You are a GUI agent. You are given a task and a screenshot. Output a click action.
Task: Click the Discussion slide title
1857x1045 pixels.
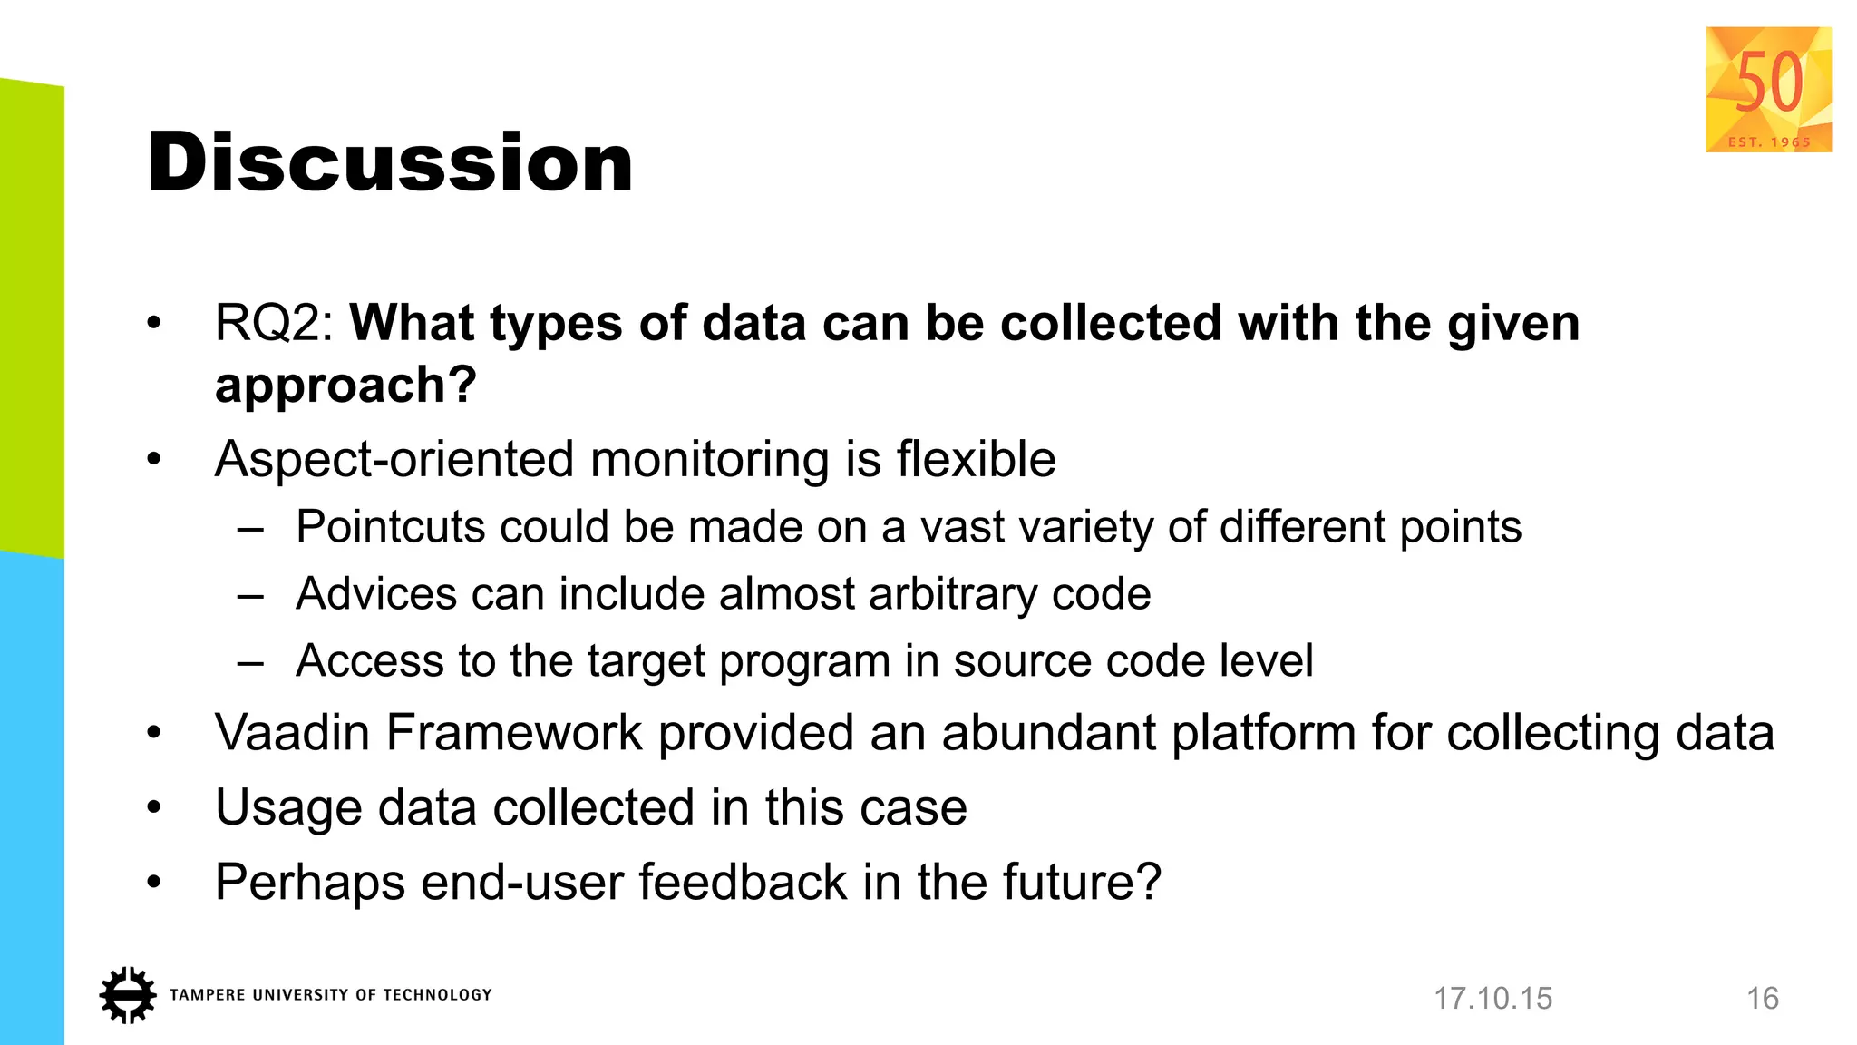[x=390, y=162]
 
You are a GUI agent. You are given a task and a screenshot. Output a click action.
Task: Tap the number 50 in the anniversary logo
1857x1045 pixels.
[x=1768, y=83]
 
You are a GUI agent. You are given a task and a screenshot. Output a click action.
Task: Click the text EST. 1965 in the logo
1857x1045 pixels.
[x=1769, y=142]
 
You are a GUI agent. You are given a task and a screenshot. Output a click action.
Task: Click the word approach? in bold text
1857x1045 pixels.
[x=345, y=386]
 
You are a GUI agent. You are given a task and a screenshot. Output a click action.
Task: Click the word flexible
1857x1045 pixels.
[x=976, y=459]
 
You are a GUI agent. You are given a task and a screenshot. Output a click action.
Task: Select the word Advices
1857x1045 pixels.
[x=376, y=594]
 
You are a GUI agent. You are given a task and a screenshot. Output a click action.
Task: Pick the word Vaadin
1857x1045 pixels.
[x=292, y=733]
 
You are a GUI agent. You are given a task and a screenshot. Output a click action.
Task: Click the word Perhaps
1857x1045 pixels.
[x=309, y=882]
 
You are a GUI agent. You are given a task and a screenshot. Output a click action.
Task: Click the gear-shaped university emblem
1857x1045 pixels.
[x=128, y=995]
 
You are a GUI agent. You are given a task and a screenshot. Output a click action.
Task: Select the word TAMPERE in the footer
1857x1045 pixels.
[x=208, y=995]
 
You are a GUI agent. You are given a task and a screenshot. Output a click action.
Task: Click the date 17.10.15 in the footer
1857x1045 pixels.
[x=1492, y=999]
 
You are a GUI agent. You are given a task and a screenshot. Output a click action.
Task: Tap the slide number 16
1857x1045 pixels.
[x=1763, y=999]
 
